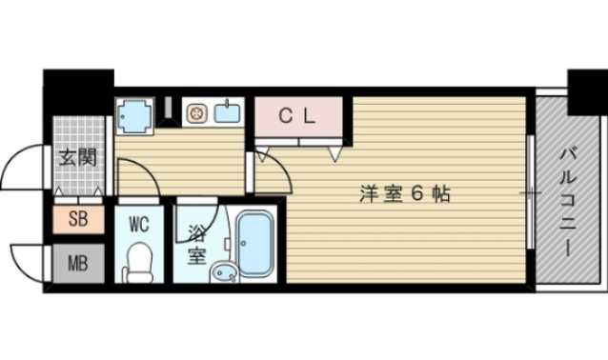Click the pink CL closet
coord(297,117)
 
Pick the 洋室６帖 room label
coord(404,194)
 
